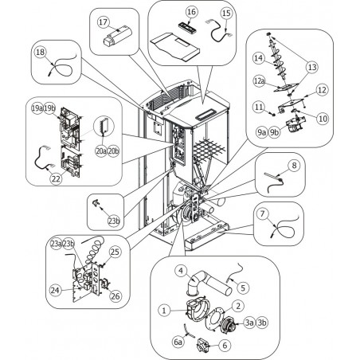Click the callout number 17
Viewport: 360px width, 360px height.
coord(104,22)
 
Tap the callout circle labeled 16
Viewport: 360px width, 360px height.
coord(191,12)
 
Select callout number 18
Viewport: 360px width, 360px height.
coord(41,52)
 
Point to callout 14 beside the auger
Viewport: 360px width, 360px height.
coord(258,58)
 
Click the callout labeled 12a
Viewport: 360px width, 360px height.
coord(259,81)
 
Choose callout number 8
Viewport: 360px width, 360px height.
coord(294,166)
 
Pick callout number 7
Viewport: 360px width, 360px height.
coord(263,214)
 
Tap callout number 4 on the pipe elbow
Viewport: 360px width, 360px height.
coord(181,271)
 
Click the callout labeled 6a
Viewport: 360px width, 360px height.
coord(178,342)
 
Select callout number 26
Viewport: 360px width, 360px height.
coord(115,295)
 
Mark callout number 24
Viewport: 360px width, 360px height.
coord(55,291)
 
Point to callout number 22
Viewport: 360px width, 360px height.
coord(57,179)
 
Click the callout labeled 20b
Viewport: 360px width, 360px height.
coord(114,151)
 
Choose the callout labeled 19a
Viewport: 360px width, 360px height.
coord(37,108)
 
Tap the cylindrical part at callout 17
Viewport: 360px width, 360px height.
coord(117,36)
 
